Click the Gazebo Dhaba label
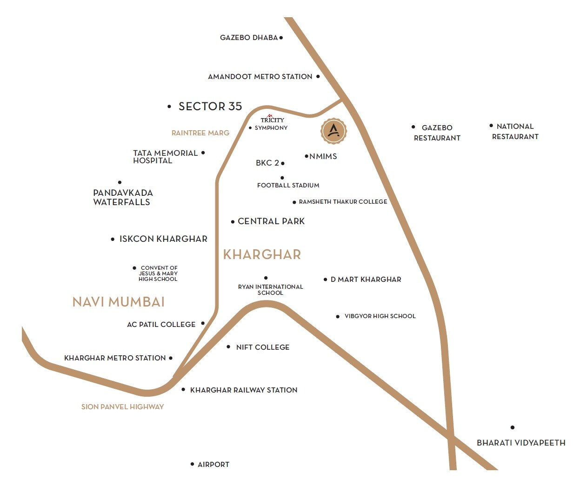point(249,38)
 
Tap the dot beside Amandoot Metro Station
point(318,76)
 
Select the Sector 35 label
point(210,107)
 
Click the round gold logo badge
point(333,131)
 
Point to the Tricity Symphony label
point(272,124)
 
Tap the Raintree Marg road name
point(200,133)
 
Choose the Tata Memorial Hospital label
point(165,157)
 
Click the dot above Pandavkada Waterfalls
point(120,182)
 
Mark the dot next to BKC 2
point(283,163)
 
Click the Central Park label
point(271,221)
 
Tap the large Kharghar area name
point(262,254)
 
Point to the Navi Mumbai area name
point(119,302)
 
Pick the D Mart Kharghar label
point(366,280)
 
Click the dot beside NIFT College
point(228,347)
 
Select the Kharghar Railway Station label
point(244,390)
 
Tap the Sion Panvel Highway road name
point(122,407)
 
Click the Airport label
point(213,465)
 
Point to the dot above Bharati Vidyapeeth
point(513,427)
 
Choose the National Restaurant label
point(515,132)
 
